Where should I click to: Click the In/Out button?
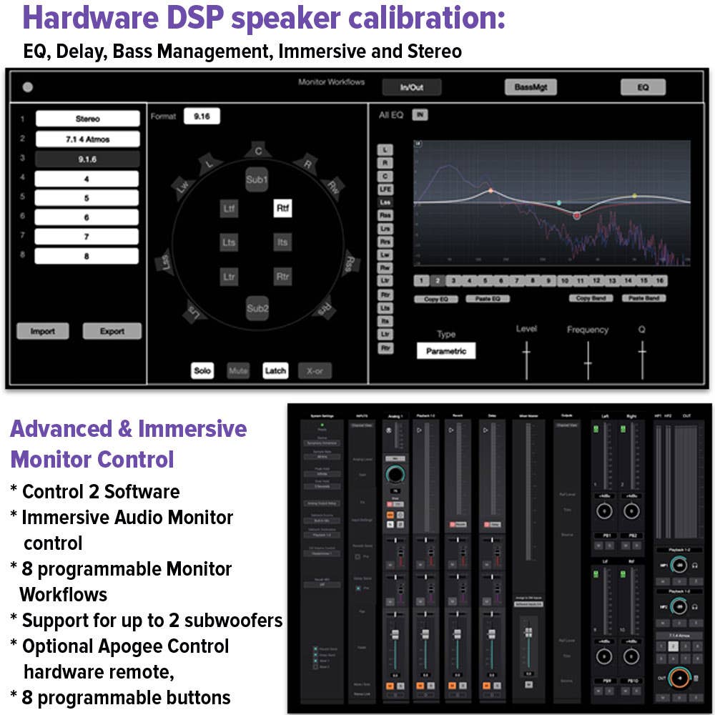[411, 87]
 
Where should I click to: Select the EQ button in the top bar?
[643, 87]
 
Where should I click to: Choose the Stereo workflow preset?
[87, 119]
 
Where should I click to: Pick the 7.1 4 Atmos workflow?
[87, 139]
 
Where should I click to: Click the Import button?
[43, 331]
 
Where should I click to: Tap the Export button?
[112, 331]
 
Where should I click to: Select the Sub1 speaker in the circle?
[256, 179]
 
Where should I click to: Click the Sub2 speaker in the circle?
[257, 308]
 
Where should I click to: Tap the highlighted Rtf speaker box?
[282, 208]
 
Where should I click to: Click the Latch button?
[275, 370]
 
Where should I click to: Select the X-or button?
[315, 370]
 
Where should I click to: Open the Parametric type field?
[446, 351]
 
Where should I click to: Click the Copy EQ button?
[436, 298]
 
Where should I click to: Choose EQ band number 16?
[659, 281]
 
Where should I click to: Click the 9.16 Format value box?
[202, 117]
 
